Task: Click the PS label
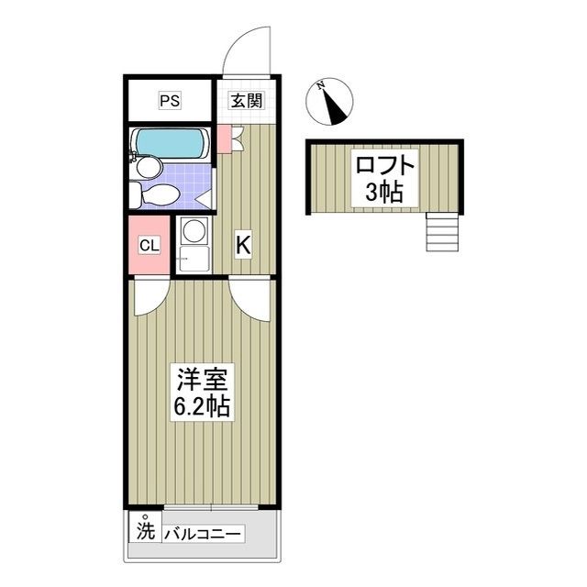(x=170, y=101)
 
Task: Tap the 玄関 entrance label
(x=245, y=101)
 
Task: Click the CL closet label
(x=149, y=245)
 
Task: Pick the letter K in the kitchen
(x=243, y=245)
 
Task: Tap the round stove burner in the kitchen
(x=194, y=231)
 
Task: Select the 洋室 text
(x=203, y=377)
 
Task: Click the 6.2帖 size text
(x=203, y=404)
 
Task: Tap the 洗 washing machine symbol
(x=145, y=530)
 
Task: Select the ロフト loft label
(x=386, y=167)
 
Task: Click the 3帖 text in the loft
(x=386, y=194)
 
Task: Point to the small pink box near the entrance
(x=223, y=143)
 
